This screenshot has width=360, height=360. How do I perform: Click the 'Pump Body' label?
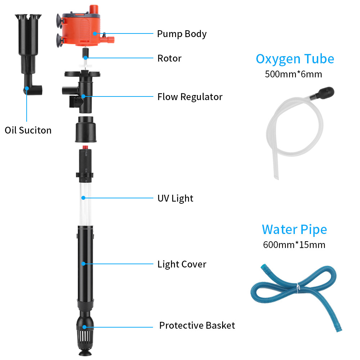(181, 34)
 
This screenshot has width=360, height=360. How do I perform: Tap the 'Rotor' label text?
(170, 58)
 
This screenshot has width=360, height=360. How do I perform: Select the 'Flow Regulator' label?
(190, 97)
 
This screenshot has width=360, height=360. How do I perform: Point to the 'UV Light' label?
(175, 198)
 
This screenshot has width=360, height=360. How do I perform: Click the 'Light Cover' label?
(182, 264)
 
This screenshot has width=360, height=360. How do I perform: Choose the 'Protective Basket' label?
(197, 325)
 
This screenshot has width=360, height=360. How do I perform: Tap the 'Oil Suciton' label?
(28, 130)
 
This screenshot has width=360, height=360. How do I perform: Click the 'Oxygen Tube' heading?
(295, 59)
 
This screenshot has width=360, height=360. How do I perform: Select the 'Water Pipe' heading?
(294, 230)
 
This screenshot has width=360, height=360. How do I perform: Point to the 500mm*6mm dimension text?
(293, 75)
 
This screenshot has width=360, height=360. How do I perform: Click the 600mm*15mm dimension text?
(294, 245)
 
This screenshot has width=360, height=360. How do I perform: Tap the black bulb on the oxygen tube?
(324, 93)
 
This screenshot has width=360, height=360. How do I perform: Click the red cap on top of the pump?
(94, 9)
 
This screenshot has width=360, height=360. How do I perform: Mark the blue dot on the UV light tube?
(84, 198)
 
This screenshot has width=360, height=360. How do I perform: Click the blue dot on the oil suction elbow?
(27, 88)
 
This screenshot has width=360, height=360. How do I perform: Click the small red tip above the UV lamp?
(85, 147)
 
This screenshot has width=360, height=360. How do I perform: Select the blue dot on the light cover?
(84, 264)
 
